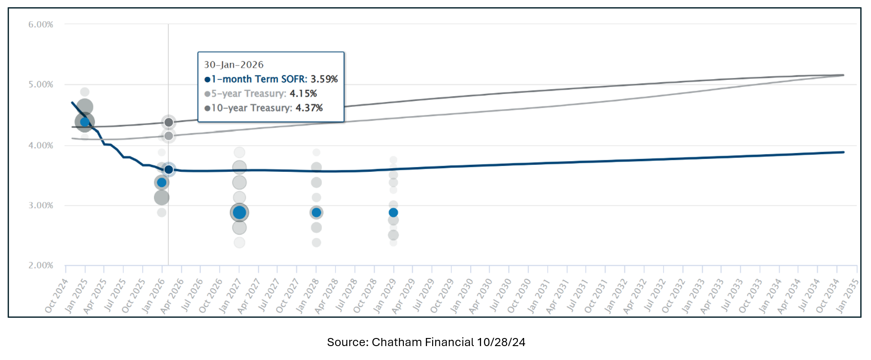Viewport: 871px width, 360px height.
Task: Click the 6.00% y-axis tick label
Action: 41,24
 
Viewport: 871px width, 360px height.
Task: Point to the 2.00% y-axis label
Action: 41,265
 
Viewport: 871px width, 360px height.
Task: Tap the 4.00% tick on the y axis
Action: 41,145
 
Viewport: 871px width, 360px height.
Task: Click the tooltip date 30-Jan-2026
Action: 234,65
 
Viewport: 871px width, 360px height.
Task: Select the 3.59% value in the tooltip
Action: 324,79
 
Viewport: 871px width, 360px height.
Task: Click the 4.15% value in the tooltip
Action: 303,93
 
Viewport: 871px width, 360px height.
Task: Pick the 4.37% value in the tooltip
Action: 309,108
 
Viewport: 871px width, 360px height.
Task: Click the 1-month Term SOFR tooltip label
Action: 259,79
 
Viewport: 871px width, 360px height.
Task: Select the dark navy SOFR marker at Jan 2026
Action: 169,170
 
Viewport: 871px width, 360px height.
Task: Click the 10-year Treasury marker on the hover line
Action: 169,122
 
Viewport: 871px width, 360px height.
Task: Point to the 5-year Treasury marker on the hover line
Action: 169,136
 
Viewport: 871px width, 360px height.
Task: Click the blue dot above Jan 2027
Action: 240,212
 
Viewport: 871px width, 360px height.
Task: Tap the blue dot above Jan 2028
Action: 316,212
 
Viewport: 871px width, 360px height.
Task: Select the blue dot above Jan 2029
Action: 394,212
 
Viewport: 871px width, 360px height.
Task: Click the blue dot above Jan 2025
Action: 85,122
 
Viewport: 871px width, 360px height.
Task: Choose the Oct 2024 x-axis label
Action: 56,296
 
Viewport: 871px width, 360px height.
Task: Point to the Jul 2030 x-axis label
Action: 500,296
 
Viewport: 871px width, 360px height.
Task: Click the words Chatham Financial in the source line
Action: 423,342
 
